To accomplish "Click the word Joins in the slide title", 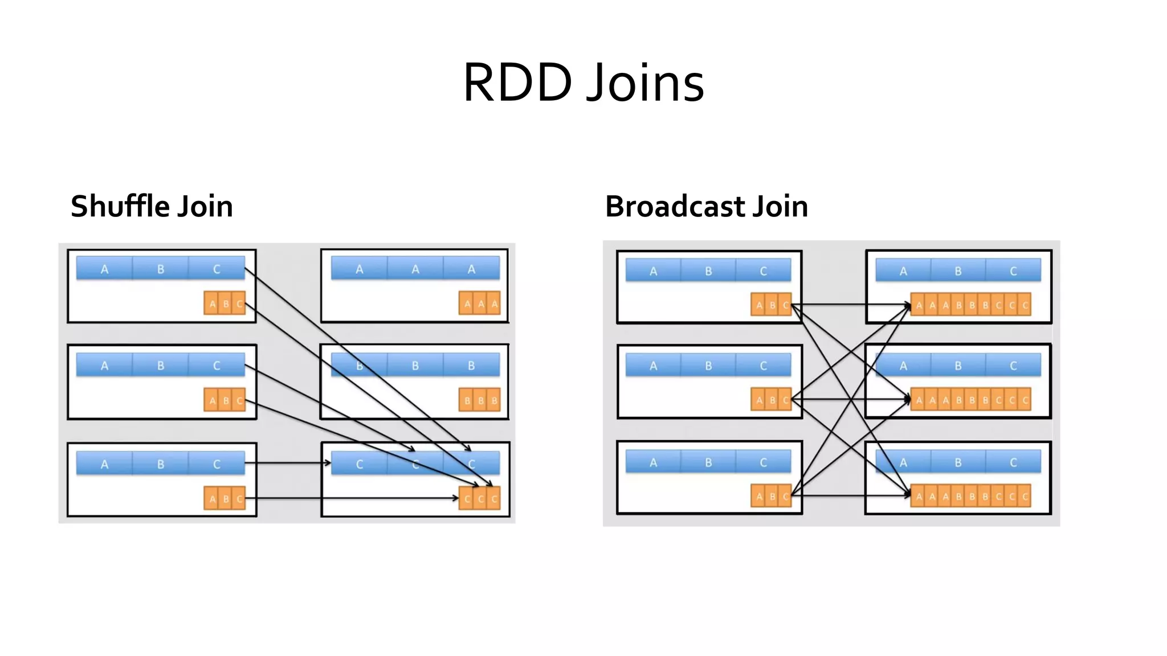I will [x=645, y=83].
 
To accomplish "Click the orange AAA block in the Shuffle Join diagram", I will [x=480, y=304].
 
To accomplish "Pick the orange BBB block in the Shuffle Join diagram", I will [x=480, y=400].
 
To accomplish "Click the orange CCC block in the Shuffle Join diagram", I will [x=480, y=498].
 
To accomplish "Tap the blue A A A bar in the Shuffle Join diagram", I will [x=415, y=269].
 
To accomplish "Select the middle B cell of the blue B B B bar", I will [x=415, y=366].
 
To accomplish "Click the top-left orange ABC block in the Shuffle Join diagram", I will [x=225, y=304].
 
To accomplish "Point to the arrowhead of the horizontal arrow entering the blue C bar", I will [x=328, y=463].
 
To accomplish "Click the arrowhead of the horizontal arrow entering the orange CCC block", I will [x=456, y=498].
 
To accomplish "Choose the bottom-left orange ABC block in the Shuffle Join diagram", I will [x=225, y=499].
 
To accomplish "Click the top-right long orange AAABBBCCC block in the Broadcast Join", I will [x=971, y=305].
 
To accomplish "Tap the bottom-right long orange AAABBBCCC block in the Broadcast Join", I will [x=971, y=496].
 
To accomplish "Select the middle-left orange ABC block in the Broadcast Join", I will [x=772, y=400].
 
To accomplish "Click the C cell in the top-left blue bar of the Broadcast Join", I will [x=764, y=271].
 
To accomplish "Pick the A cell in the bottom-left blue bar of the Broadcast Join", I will [x=653, y=462].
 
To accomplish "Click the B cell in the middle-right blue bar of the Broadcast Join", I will [x=958, y=366].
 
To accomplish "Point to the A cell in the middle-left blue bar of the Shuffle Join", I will [x=104, y=366].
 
